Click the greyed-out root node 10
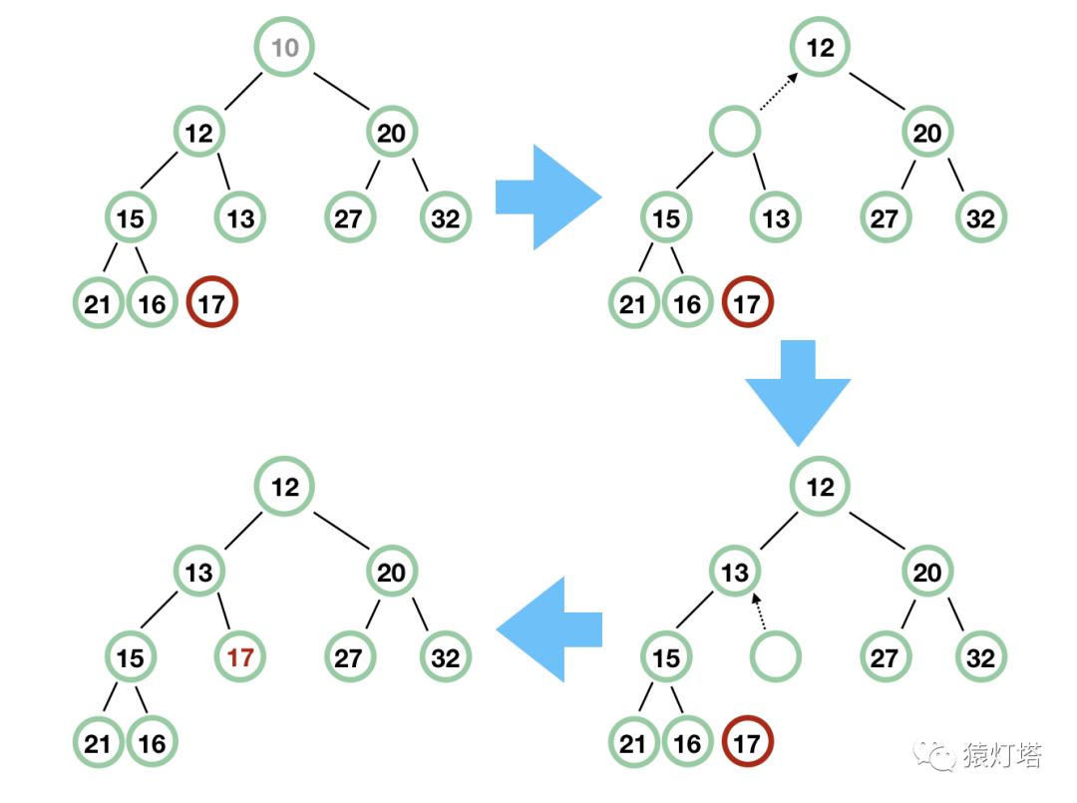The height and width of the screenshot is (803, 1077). [284, 47]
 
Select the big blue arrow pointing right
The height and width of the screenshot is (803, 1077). [547, 197]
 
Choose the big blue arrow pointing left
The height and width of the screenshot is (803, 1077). [549, 628]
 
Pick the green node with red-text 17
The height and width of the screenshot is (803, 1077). [241, 657]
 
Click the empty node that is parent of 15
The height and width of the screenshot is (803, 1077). [735, 132]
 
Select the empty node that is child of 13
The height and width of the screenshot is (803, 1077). [775, 657]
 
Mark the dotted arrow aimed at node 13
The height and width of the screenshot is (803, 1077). [759, 611]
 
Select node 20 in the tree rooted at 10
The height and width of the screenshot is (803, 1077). [391, 132]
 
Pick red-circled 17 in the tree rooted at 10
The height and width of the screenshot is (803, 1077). [211, 303]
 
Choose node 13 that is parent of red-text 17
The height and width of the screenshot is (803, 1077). [198, 572]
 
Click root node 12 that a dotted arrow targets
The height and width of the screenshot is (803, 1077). [820, 47]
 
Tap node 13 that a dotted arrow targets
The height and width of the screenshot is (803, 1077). [735, 572]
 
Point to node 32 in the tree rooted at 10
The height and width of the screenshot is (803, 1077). [445, 217]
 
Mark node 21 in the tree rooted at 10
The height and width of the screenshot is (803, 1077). [98, 303]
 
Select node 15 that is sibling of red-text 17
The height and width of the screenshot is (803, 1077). [131, 657]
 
